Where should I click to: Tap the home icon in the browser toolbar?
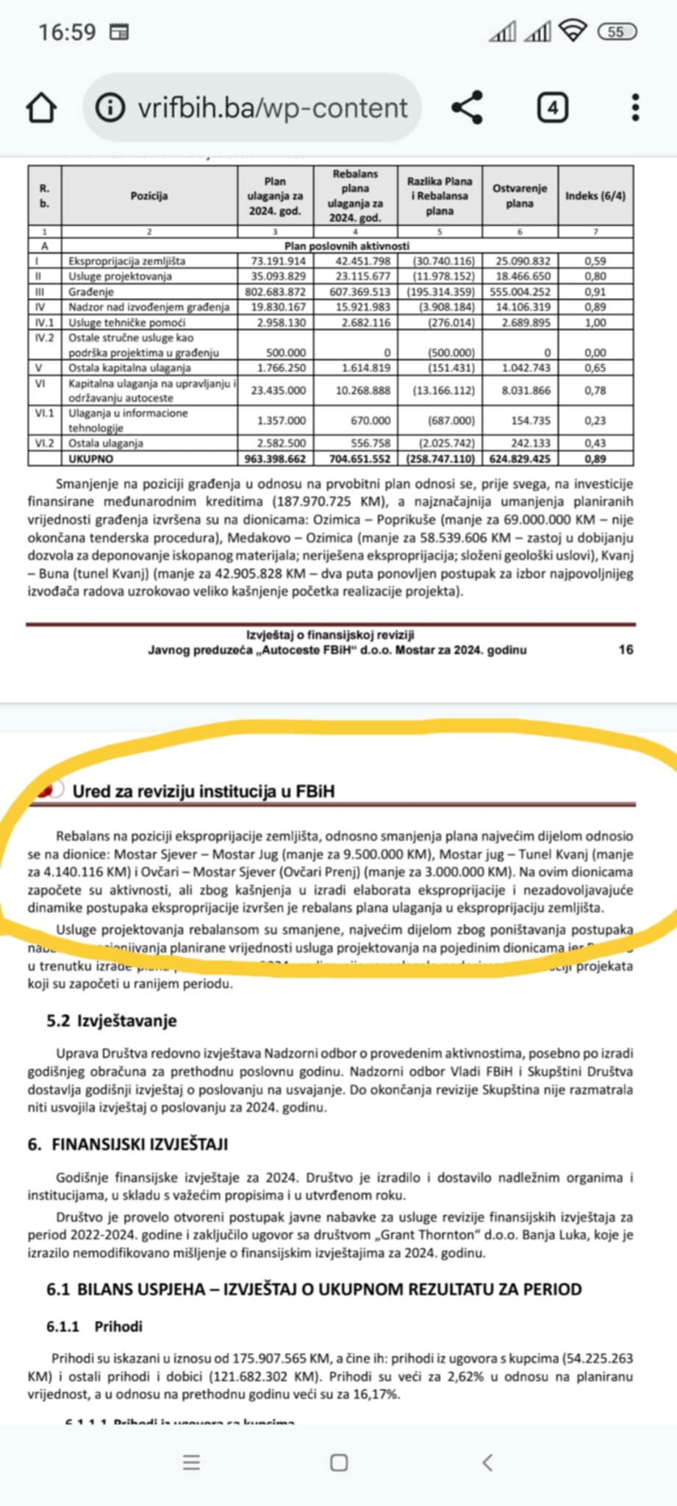[41, 108]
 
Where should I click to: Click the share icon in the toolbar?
[467, 107]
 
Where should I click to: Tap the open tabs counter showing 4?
[552, 108]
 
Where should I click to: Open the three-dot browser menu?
[636, 107]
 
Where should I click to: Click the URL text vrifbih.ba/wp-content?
[273, 108]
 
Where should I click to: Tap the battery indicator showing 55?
[617, 32]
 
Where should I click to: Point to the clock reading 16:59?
[67, 32]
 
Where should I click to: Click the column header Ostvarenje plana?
[520, 196]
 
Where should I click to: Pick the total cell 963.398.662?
[275, 459]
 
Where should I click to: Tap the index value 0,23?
[595, 421]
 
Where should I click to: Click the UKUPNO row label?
[91, 459]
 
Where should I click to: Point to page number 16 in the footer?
[626, 649]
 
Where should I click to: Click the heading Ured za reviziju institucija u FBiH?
[203, 791]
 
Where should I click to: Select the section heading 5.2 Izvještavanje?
[112, 1021]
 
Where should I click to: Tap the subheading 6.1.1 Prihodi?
[95, 1327]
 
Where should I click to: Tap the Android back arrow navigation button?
[487, 1463]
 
